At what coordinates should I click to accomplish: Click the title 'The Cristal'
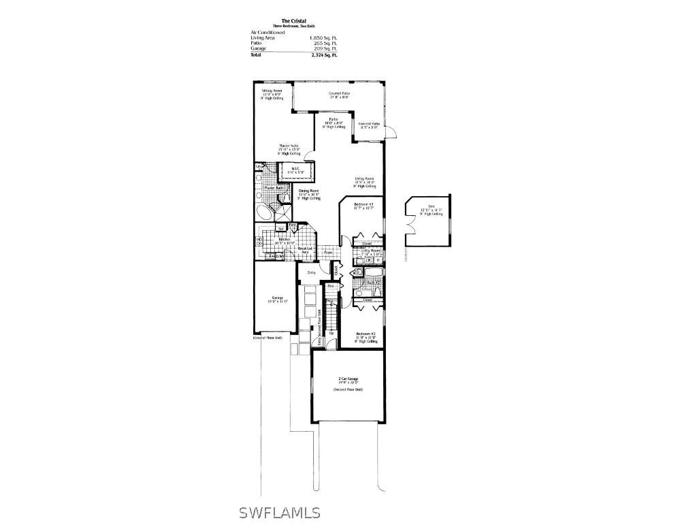pyautogui.click(x=294, y=20)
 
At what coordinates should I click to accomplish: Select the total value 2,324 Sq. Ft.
pyautogui.click(x=324, y=54)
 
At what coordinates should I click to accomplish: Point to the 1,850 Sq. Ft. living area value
pyautogui.click(x=323, y=37)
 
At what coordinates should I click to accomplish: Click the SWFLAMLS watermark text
pyautogui.click(x=280, y=511)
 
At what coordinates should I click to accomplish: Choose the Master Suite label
pyautogui.click(x=289, y=145)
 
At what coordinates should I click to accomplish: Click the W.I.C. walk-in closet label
pyautogui.click(x=296, y=169)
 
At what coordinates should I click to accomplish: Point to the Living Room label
pyautogui.click(x=365, y=179)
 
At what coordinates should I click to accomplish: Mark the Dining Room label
pyautogui.click(x=309, y=191)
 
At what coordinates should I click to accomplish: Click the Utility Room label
pyautogui.click(x=370, y=251)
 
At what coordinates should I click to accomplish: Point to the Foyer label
pyautogui.click(x=328, y=252)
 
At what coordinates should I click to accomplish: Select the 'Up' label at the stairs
pyautogui.click(x=331, y=333)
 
